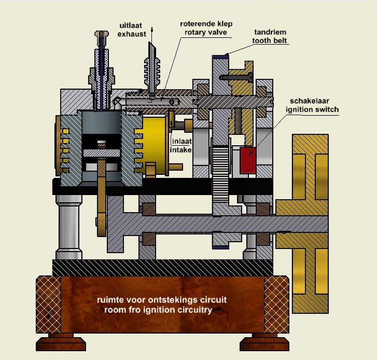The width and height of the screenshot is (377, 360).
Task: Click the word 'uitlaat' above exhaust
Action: pos(130,25)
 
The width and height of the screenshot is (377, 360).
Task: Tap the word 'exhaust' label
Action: pos(130,34)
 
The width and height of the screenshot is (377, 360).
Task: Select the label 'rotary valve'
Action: pos(204,33)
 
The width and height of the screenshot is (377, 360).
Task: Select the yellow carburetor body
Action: pos(154,145)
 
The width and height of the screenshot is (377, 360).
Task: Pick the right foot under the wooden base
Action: pos(263,344)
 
